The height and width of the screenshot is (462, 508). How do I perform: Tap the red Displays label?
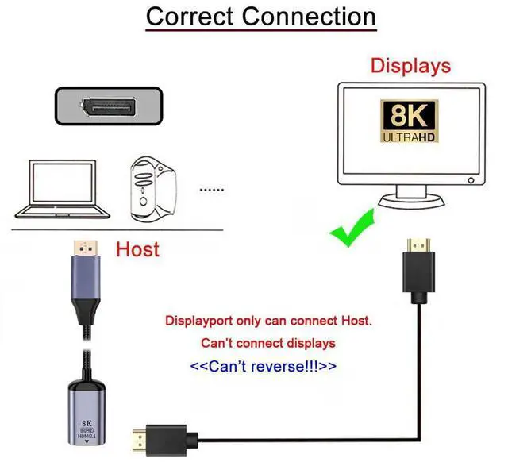410,65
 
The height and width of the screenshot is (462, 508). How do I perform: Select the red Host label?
137,249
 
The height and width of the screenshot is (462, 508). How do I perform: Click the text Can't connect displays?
267,344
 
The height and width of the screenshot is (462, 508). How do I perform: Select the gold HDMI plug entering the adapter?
143,435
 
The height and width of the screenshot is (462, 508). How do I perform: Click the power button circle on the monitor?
471,179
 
